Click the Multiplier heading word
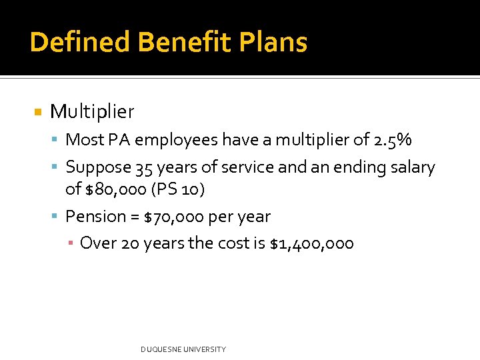click(x=92, y=111)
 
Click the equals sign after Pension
click(x=135, y=217)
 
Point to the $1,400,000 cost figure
click(x=311, y=243)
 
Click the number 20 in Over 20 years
click(x=129, y=243)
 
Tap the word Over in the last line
click(x=97, y=243)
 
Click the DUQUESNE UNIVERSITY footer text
click(x=183, y=349)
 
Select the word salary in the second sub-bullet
click(x=411, y=167)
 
